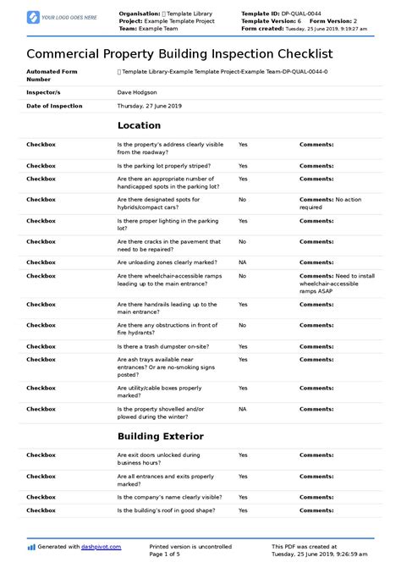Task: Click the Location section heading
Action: point(140,125)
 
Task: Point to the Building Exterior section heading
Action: point(160,437)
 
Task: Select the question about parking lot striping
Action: point(164,166)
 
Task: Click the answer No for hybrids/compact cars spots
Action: point(242,200)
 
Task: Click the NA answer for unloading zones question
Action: point(242,262)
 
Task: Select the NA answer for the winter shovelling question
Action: point(242,409)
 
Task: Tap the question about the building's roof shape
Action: point(168,511)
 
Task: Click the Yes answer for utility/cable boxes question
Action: point(243,388)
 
